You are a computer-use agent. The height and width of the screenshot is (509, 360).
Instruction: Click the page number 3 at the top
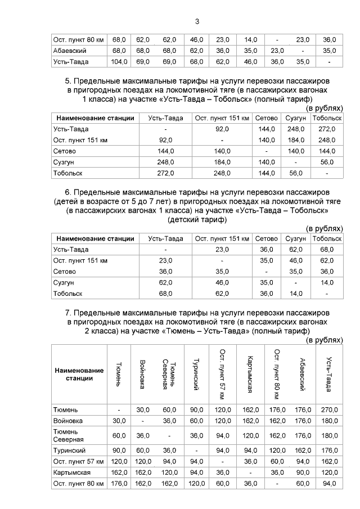(x=197, y=22)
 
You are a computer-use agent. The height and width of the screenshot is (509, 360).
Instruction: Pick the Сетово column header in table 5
(x=267, y=118)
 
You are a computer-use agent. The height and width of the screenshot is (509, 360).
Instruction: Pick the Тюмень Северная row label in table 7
(x=68, y=435)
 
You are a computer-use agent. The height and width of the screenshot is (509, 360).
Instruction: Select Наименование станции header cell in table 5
(x=95, y=118)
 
